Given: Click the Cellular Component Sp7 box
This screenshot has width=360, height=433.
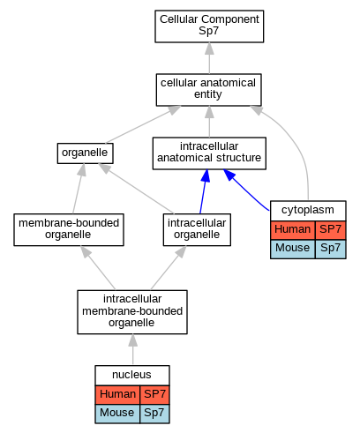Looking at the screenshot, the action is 209,26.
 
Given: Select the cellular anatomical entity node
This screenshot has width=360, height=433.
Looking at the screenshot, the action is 208,90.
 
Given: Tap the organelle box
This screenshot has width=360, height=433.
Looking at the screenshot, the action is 85,153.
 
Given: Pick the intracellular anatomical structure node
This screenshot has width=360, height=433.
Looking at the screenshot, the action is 209,153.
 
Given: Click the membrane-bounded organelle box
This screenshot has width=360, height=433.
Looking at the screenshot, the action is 69,229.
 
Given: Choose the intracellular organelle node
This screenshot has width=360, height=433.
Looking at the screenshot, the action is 197,229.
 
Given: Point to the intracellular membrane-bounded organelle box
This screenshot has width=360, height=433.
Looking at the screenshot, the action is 132,312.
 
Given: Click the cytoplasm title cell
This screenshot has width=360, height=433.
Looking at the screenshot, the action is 308,211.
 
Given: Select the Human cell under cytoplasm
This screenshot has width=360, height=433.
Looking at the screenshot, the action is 293,229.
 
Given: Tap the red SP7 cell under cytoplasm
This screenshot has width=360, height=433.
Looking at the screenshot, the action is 330,229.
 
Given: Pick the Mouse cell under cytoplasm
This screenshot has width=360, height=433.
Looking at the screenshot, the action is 293,249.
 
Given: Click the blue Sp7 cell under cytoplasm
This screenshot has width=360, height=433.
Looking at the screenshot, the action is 330,249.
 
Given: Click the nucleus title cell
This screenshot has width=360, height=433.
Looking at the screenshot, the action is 132,375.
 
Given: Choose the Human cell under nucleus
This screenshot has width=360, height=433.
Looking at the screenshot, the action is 117,394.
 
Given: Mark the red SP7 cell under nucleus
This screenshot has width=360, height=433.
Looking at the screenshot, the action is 154,394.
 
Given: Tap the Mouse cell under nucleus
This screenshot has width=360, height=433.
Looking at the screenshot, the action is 117,414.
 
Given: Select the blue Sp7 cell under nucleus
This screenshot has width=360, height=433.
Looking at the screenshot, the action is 154,414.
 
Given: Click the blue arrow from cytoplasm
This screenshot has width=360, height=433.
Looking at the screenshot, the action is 246,190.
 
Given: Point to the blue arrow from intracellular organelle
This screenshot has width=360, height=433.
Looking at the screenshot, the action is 204,191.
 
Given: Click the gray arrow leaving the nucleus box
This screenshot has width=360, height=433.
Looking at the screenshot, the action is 132,349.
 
